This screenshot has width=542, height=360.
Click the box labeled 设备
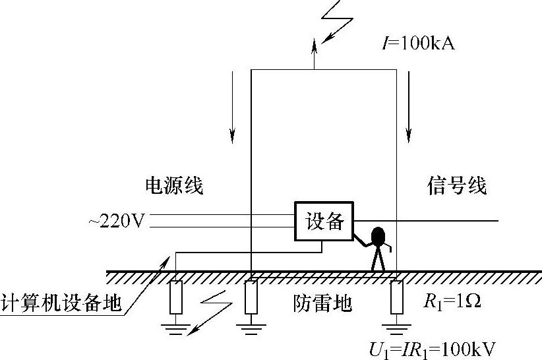[x=324, y=222]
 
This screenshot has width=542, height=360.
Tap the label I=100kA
[x=419, y=45]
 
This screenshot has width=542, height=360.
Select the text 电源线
[x=173, y=186]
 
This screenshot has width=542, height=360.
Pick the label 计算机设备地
[x=61, y=303]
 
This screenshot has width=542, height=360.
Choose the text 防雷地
[x=322, y=303]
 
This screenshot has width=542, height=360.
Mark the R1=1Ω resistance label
[x=452, y=303]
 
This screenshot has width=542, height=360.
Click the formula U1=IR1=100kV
[x=433, y=347]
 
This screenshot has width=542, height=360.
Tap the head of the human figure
[x=378, y=237]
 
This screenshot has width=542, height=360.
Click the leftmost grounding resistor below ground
[x=176, y=297]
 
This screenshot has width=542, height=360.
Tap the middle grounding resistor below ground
[x=251, y=297]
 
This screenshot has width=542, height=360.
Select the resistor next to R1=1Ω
[x=396, y=297]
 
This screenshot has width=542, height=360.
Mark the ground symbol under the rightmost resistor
[x=396, y=327]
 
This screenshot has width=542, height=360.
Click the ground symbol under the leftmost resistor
[x=176, y=327]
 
